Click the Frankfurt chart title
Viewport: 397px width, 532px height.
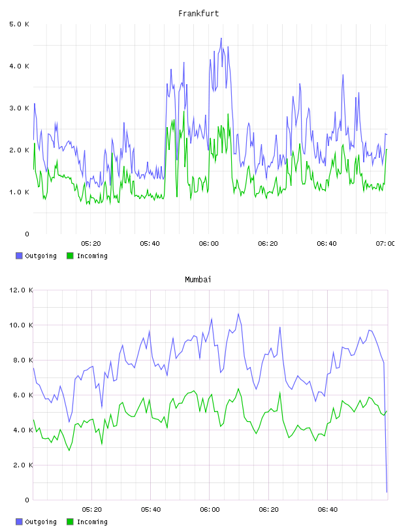coord(198,14)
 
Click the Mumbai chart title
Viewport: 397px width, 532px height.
coord(198,280)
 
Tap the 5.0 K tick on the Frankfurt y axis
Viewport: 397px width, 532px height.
coord(20,24)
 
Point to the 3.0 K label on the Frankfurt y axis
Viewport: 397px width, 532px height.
coord(20,108)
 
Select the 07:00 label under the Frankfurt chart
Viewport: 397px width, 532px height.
coord(385,243)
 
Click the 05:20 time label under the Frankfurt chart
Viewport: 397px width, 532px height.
coord(91,243)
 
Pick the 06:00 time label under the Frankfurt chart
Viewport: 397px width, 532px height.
coord(209,243)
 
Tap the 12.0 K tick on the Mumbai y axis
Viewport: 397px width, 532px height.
coord(21,290)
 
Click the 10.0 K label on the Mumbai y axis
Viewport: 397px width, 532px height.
coord(21,325)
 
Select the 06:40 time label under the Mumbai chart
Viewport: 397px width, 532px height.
coord(328,509)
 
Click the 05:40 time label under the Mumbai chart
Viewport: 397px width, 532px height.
coord(151,509)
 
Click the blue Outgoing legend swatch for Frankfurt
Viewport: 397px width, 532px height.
coord(19,256)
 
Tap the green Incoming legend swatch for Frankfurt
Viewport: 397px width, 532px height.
coord(70,256)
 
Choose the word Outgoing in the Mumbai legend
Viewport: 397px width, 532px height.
coord(40,522)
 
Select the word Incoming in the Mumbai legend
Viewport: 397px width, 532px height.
coord(92,522)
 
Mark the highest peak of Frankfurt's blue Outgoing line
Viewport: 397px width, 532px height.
coord(221,38)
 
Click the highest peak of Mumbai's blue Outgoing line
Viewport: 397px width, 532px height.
coord(238,314)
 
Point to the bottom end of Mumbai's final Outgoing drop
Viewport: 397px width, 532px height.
coord(387,492)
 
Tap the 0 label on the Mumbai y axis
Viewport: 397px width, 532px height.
coord(27,500)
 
